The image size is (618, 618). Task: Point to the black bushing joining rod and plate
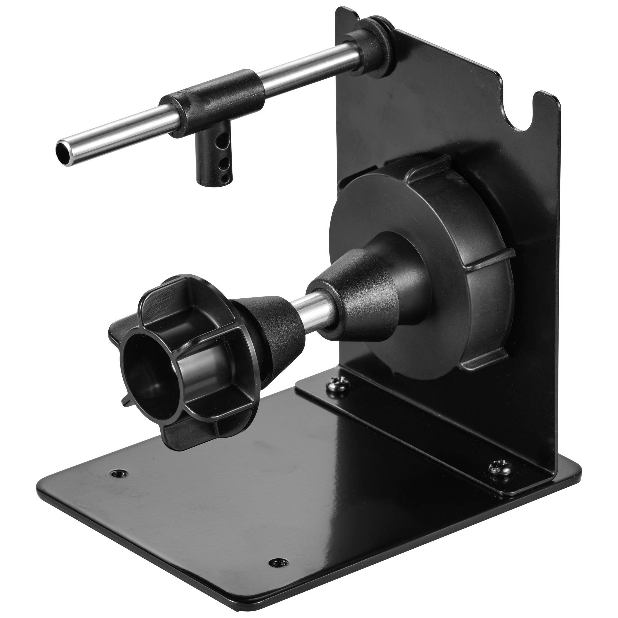click(371, 48)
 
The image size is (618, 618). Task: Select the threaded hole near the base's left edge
click(118, 473)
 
